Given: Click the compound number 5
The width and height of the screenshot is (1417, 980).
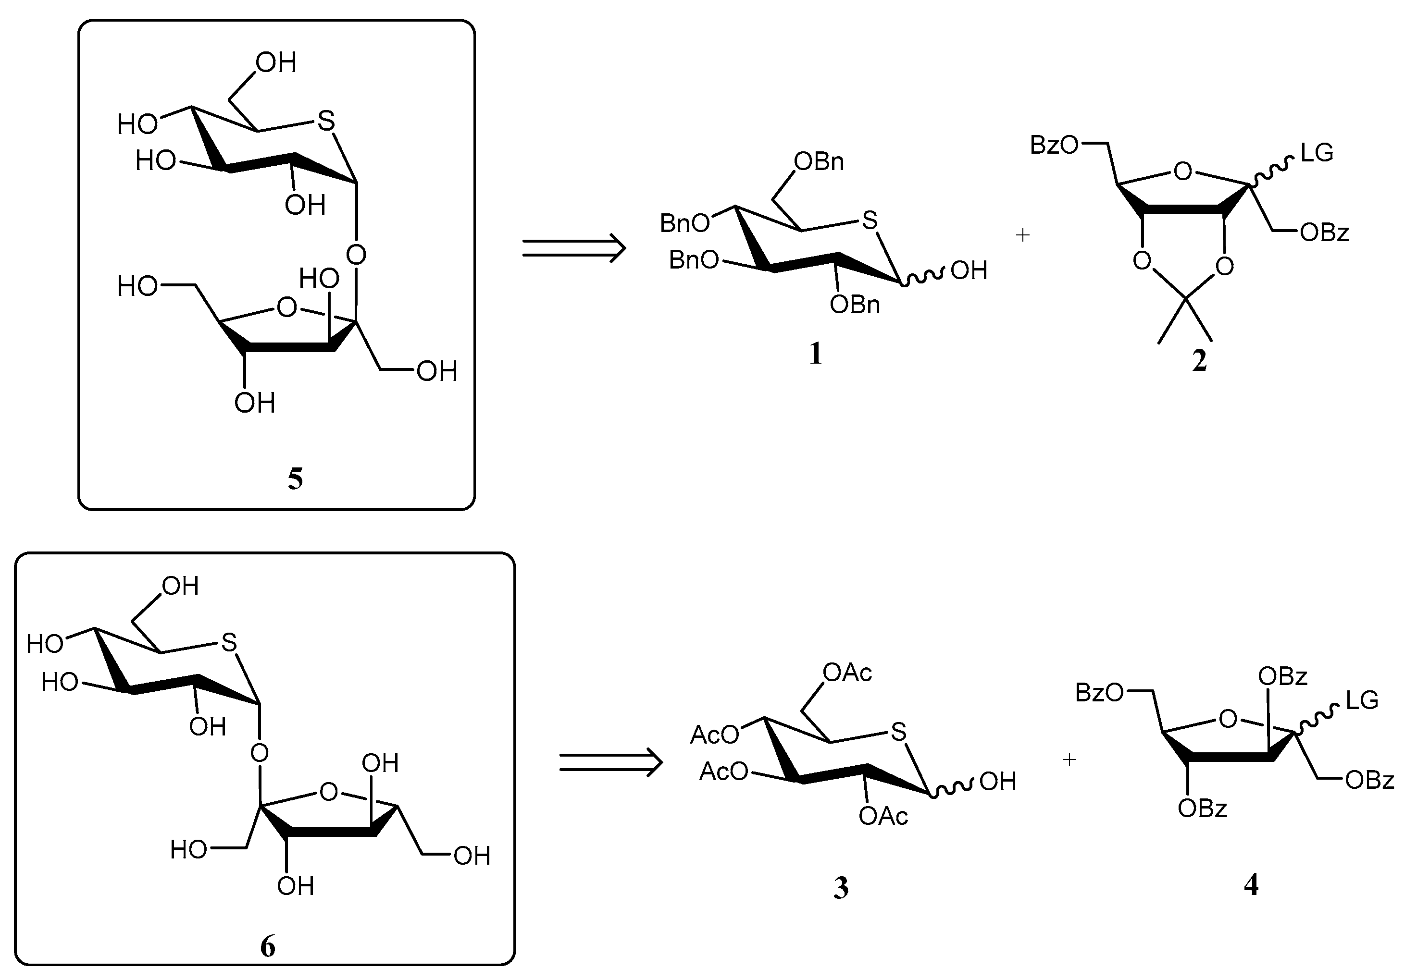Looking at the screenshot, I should coord(295,478).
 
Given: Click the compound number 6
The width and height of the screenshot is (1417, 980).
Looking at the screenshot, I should coord(268,946).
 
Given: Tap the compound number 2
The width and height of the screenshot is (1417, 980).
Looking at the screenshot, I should coord(1199,360).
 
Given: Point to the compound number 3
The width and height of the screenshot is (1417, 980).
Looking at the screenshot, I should coord(841,888).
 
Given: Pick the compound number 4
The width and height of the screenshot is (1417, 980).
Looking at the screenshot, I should coord(1251,884).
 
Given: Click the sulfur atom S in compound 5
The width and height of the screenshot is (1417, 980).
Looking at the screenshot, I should coord(326,121).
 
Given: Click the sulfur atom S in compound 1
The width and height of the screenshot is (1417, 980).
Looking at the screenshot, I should coord(869,220).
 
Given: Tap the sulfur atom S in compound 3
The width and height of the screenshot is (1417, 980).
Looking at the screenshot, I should coord(898,732).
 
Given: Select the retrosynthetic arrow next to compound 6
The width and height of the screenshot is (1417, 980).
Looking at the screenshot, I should coord(610,764).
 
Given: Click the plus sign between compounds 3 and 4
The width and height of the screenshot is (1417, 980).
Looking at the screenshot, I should coord(1069,759).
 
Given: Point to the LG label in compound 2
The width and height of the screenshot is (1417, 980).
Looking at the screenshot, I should coord(1317,152).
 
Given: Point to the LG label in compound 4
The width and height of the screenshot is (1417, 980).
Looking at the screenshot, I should coord(1362,700).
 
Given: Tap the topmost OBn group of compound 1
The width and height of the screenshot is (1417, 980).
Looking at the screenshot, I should coord(819,161).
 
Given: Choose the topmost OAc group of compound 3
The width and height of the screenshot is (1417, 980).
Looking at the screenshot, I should coord(847,673).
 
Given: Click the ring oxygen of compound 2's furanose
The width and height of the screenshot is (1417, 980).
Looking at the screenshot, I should coord(1182,171).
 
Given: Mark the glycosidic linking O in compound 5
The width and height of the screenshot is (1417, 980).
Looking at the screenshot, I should coord(356,254).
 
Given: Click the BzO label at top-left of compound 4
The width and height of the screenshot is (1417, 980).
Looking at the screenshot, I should coord(1099,693).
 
